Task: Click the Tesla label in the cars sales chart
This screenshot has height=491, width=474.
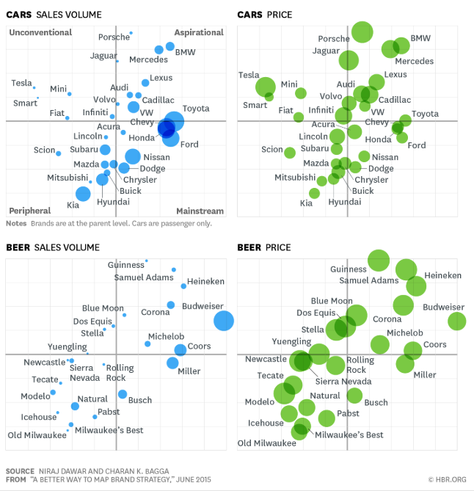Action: click(x=22, y=83)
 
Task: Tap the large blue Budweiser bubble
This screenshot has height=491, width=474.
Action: click(x=224, y=321)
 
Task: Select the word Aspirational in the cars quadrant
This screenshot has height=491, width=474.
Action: click(x=199, y=32)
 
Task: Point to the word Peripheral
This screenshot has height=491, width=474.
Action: click(x=30, y=211)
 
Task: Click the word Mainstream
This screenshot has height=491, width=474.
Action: click(x=200, y=211)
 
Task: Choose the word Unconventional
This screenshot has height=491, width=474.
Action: click(x=40, y=32)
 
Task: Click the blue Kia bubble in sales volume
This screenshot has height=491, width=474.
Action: click(x=83, y=194)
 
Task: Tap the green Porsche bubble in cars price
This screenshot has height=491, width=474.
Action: click(x=362, y=32)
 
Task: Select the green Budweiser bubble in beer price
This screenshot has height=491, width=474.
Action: click(x=457, y=321)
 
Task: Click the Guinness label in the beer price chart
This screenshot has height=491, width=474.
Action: click(x=348, y=269)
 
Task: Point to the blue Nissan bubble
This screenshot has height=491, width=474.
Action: click(x=133, y=156)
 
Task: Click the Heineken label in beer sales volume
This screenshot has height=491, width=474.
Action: click(x=205, y=281)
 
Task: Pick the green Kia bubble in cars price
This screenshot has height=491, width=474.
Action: click(x=315, y=193)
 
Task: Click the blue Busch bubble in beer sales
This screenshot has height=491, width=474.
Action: click(x=123, y=395)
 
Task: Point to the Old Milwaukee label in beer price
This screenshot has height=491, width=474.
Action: click(x=267, y=443)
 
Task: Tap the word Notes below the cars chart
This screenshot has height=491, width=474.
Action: click(x=16, y=223)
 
